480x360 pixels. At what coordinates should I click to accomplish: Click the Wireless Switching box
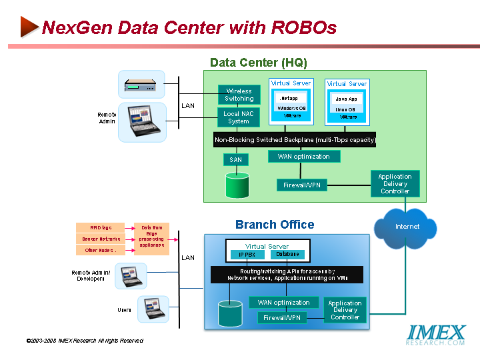239,95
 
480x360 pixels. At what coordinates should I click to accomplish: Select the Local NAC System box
239,117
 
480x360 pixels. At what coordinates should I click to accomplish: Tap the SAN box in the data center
235,160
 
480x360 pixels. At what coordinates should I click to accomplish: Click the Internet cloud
407,227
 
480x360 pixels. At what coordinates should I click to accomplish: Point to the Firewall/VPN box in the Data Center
302,185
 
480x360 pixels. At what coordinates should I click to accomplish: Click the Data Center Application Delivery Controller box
395,184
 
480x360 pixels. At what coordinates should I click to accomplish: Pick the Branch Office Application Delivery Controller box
345,310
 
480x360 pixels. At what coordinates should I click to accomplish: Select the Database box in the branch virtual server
287,254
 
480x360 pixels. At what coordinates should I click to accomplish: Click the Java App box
346,99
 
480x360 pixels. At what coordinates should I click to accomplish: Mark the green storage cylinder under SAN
237,185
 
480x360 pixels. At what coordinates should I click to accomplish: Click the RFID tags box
101,227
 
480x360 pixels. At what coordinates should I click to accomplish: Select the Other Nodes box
101,250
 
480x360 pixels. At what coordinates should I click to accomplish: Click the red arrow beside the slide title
28,27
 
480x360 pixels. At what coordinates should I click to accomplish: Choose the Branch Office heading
275,225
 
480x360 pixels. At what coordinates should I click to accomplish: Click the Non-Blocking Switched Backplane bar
295,140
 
